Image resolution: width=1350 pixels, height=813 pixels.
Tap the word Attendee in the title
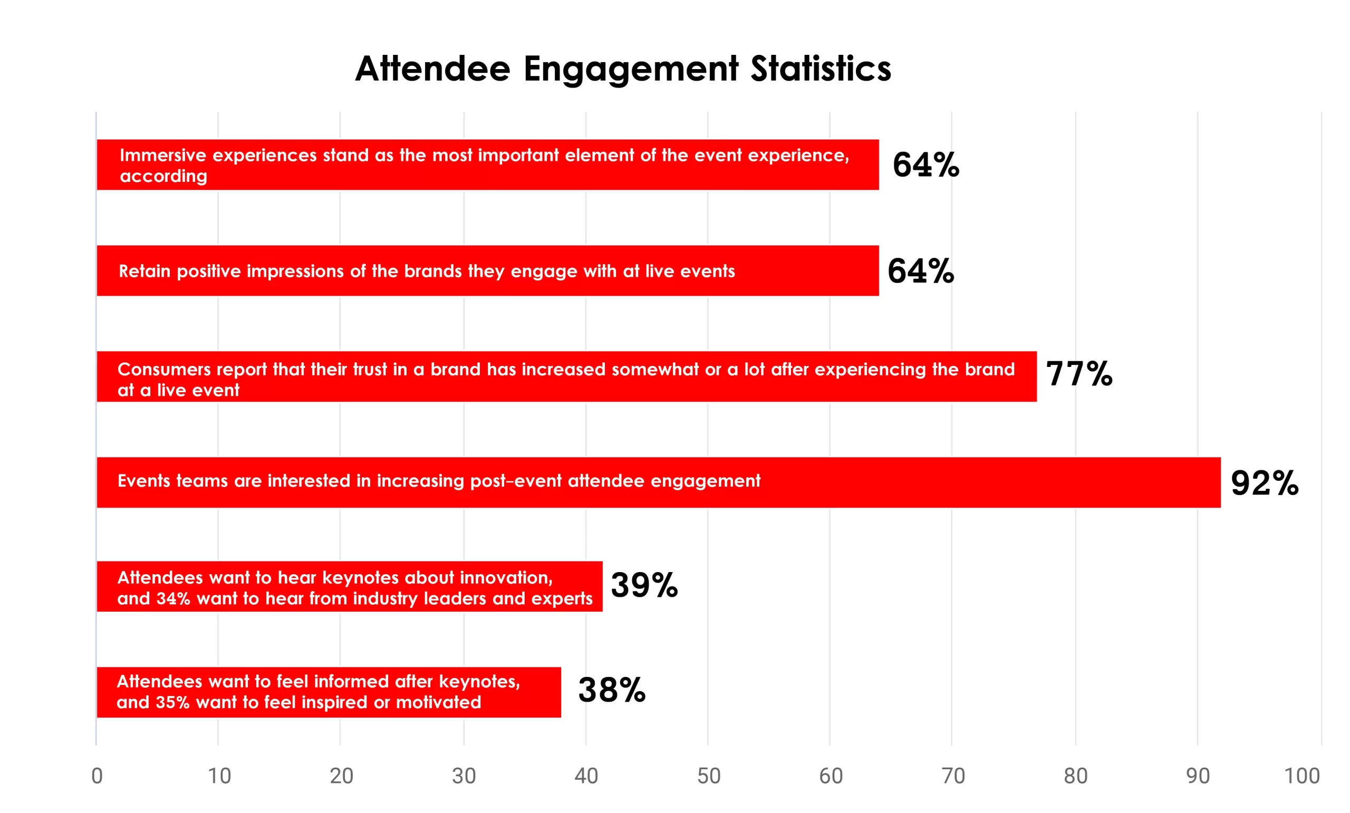coord(432,69)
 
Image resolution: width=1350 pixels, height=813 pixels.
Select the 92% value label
coord(1265,482)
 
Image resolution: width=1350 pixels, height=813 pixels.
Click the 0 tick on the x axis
coord(97,776)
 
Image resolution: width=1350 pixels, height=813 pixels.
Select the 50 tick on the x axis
coord(708,776)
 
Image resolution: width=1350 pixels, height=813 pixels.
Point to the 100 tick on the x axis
coord(1302,776)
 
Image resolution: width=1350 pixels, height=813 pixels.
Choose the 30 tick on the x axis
coord(464,776)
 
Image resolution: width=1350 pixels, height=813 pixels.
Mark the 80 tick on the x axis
coord(1075,776)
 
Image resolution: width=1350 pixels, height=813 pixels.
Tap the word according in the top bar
coord(163,177)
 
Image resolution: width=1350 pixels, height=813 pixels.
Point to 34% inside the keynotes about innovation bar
coord(172,598)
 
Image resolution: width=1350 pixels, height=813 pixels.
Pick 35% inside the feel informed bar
coord(172,702)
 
